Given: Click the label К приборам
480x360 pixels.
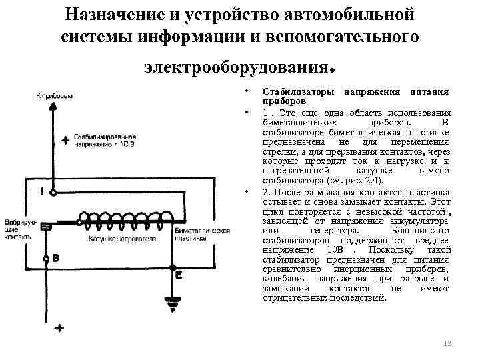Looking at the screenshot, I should [55, 96].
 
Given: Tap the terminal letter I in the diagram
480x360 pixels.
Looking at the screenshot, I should [42, 191].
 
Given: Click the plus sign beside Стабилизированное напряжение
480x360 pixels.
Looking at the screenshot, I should [65, 141].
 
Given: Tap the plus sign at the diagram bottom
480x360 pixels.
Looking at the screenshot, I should [60, 329].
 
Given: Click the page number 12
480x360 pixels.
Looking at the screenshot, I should [447, 343].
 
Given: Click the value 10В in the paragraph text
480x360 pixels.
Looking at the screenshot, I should [316, 249].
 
